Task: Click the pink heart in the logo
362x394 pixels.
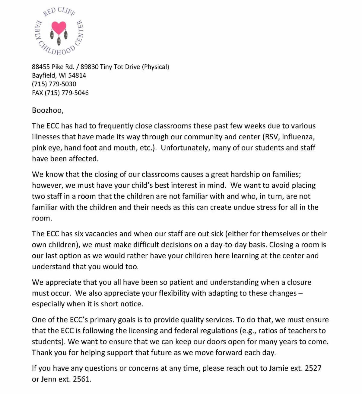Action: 59,27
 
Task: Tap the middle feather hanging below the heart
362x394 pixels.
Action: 59,40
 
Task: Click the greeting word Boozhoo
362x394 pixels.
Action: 47,110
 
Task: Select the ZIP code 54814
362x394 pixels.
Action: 77,76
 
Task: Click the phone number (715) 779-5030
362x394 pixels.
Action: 54,84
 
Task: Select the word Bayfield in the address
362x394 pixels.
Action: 44,76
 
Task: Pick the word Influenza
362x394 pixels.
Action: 298,137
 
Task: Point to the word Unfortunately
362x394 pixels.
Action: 186,148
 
